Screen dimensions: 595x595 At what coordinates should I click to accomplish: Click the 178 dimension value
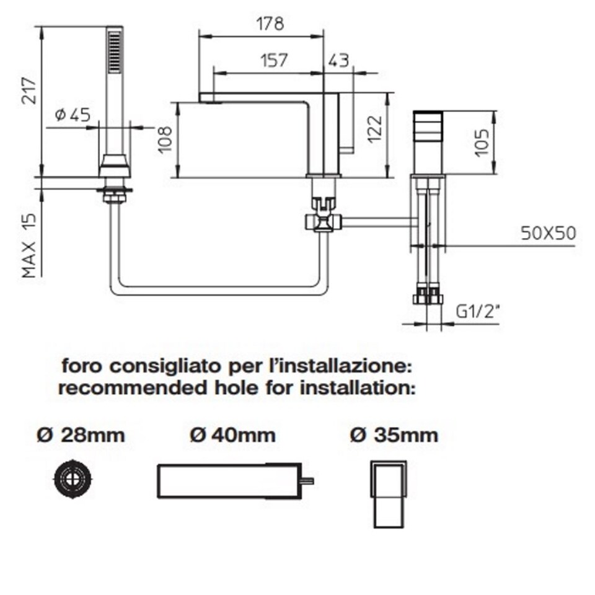click(270, 24)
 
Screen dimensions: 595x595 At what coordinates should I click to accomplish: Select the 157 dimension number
click(275, 60)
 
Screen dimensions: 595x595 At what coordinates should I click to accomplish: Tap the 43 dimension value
click(338, 60)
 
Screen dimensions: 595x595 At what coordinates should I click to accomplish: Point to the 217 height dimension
click(29, 90)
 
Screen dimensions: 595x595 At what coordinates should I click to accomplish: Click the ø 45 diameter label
click(73, 115)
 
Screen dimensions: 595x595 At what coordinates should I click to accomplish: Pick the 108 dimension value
click(165, 139)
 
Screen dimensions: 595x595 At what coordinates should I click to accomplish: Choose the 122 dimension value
click(375, 129)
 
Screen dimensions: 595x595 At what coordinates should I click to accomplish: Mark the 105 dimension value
click(482, 143)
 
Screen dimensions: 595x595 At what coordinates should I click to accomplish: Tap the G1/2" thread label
click(477, 312)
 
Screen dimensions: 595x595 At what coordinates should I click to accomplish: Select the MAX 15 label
click(29, 245)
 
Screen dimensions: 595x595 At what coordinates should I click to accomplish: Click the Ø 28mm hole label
click(81, 435)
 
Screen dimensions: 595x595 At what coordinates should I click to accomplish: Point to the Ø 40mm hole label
click(233, 435)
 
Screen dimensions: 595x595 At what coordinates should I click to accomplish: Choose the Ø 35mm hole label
click(394, 435)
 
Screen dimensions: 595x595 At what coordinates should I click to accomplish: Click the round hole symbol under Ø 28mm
click(73, 478)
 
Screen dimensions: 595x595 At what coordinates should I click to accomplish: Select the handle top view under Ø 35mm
click(389, 495)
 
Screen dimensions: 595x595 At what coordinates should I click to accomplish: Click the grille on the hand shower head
click(115, 52)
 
